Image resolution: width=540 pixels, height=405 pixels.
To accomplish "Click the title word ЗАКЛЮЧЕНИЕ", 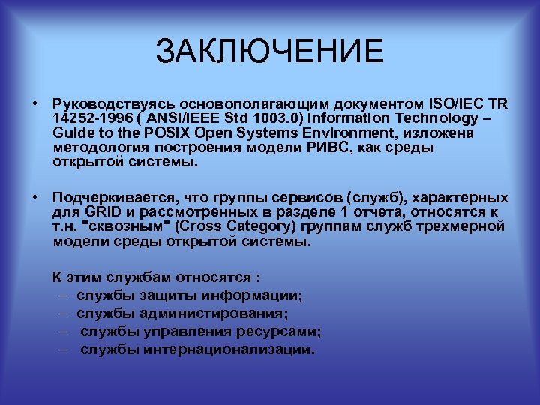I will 269,52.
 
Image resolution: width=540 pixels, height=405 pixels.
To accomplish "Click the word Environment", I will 359,133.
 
